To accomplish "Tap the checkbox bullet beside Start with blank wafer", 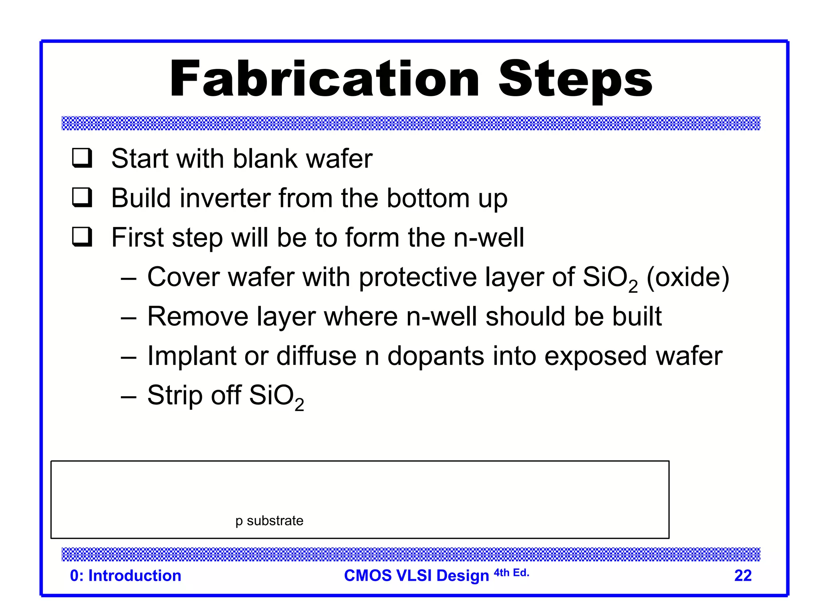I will (82, 158).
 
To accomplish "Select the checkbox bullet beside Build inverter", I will (82, 197).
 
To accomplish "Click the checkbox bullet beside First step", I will (82, 237).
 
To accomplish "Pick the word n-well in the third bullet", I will (488, 237).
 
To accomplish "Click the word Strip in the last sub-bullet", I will (175, 396).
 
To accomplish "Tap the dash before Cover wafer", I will (128, 278).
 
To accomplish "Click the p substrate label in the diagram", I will (269, 521).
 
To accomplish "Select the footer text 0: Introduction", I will (126, 575).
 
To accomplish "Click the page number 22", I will (743, 575).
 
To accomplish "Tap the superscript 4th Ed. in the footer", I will (511, 572).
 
